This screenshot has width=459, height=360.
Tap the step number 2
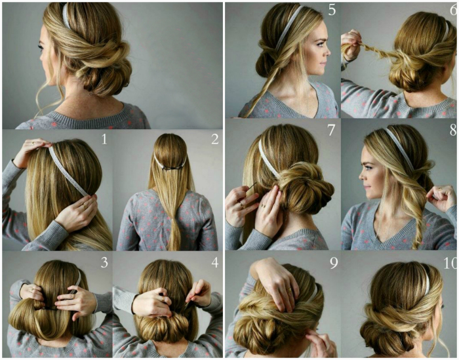click(x=215, y=139)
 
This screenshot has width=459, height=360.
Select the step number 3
click(x=104, y=262)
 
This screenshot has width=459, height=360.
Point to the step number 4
click(x=215, y=262)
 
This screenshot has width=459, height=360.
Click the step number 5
click(x=332, y=10)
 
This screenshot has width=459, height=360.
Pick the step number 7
click(x=331, y=130)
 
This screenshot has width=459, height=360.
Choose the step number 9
click(x=334, y=263)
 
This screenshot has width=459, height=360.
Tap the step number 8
click(x=454, y=130)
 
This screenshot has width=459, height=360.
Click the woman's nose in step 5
click(x=328, y=52)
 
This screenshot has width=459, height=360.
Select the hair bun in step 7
click(x=304, y=188)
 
